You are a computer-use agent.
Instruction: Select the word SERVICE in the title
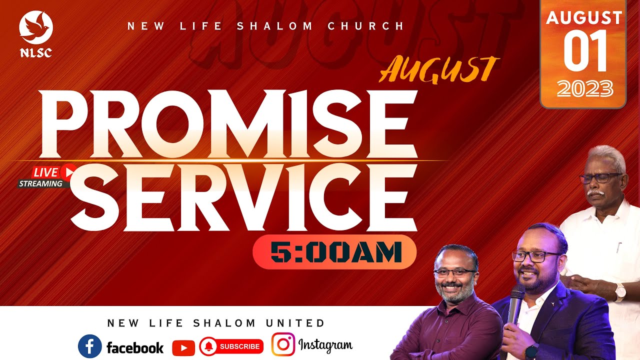point(243,197)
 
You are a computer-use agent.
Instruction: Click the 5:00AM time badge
point(334,252)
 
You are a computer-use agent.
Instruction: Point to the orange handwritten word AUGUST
point(439,70)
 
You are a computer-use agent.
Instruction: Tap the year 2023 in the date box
point(584,89)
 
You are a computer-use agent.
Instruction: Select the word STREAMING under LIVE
point(41,183)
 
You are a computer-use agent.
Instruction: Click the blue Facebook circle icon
point(89,346)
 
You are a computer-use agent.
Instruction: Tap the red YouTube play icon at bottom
point(183,347)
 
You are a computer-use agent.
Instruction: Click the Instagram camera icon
point(283,345)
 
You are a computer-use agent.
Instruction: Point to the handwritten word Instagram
point(325,345)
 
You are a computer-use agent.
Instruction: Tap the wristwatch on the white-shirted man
point(620,291)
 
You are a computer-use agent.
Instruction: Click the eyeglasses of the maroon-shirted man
point(454,273)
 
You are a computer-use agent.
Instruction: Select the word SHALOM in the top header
point(274,26)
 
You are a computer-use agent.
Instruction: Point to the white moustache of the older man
point(597,191)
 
